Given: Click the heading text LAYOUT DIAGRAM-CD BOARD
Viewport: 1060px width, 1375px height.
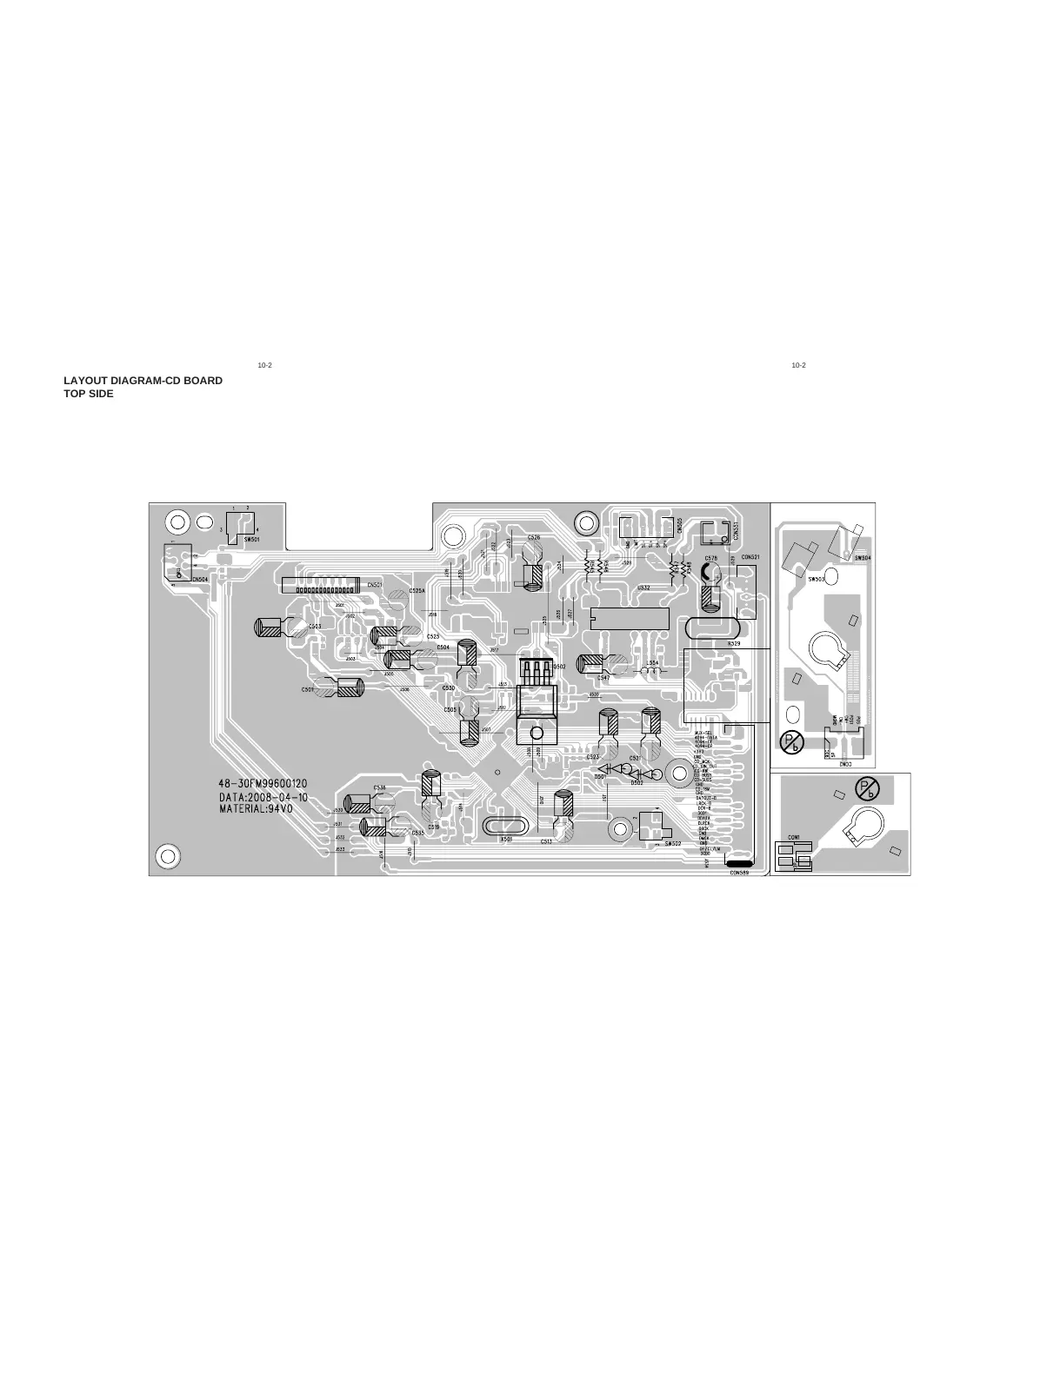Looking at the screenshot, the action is (143, 381).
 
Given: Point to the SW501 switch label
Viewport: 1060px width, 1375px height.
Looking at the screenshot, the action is (252, 539).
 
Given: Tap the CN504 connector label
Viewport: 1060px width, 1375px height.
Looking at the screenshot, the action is (200, 579).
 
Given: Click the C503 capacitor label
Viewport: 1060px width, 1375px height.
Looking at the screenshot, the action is (314, 626).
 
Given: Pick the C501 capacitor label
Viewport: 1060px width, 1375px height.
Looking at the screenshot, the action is (308, 689).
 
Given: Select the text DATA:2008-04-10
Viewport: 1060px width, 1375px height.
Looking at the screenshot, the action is (263, 796).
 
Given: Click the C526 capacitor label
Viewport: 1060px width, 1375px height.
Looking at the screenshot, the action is (534, 537).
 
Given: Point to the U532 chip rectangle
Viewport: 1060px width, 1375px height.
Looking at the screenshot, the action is (629, 619).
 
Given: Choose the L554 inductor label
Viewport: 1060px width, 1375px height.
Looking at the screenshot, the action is (652, 662).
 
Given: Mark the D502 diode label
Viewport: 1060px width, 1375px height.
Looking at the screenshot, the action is (637, 782).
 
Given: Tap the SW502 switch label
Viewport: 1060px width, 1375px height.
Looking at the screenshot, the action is (671, 843).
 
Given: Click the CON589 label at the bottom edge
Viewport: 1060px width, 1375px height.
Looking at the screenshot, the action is (739, 872).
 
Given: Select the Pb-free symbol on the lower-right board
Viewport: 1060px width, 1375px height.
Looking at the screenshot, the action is (868, 788).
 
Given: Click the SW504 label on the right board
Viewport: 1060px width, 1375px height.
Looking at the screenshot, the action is (863, 557).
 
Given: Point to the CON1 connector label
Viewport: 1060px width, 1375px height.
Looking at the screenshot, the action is (794, 838).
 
